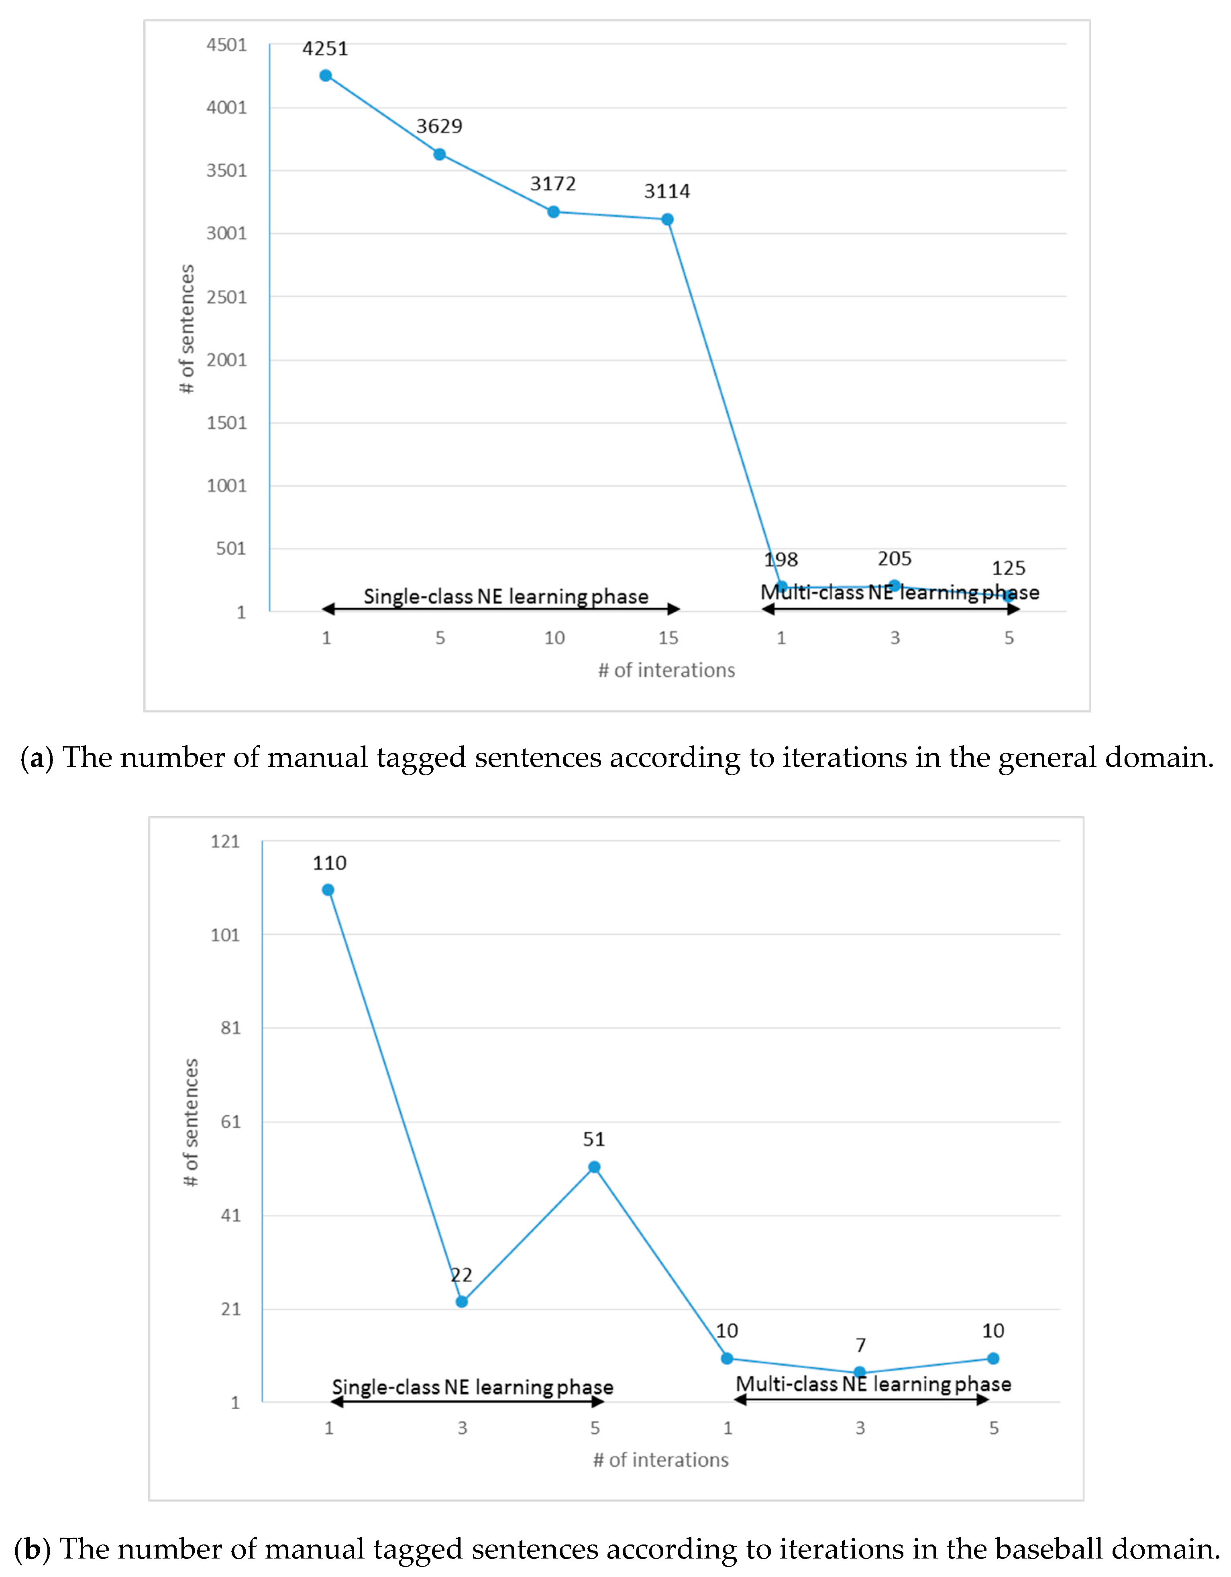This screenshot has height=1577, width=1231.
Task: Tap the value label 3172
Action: pos(553,184)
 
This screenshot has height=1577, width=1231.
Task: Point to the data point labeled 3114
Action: pos(668,220)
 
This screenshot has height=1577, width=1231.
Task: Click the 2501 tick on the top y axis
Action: pos(227,297)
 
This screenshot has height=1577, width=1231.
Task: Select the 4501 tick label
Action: pos(227,45)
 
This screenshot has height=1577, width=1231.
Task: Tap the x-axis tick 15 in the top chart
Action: pos(668,638)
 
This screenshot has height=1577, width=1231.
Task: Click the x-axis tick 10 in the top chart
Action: pos(554,638)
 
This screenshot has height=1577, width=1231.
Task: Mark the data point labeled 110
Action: pos(328,890)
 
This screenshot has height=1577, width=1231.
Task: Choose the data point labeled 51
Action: pos(594,1167)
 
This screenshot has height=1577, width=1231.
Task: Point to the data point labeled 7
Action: pos(860,1372)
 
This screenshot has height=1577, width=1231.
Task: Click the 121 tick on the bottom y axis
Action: pos(225,841)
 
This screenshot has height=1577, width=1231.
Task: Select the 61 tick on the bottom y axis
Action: pos(230,1121)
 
